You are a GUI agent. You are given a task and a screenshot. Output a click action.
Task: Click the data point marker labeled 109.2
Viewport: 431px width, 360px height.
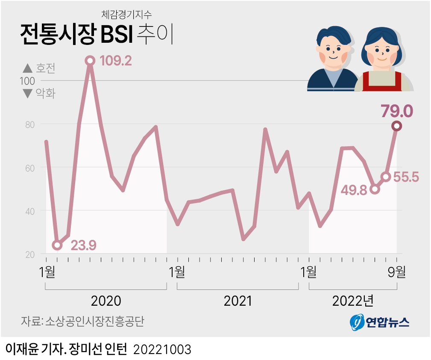point(90,61)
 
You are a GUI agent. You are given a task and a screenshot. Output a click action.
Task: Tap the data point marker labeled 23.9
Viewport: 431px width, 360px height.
point(57,245)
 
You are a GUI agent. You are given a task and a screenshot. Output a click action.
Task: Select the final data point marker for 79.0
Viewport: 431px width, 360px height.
point(397,126)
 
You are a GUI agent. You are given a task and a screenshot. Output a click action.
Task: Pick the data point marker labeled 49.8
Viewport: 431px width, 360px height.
point(375,189)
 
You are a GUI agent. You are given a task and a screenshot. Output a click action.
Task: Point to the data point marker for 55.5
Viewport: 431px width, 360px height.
point(386,177)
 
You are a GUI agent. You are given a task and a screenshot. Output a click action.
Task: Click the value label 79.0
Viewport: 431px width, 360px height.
point(397,110)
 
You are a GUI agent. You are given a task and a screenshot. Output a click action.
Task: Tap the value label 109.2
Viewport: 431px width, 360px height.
point(115,61)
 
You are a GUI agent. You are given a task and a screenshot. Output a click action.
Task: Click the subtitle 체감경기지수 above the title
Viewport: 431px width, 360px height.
point(126,14)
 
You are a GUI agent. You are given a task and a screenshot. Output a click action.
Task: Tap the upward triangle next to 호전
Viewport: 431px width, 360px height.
point(27,68)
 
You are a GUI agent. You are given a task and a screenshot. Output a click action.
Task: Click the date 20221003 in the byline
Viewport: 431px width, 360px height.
point(163,349)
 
